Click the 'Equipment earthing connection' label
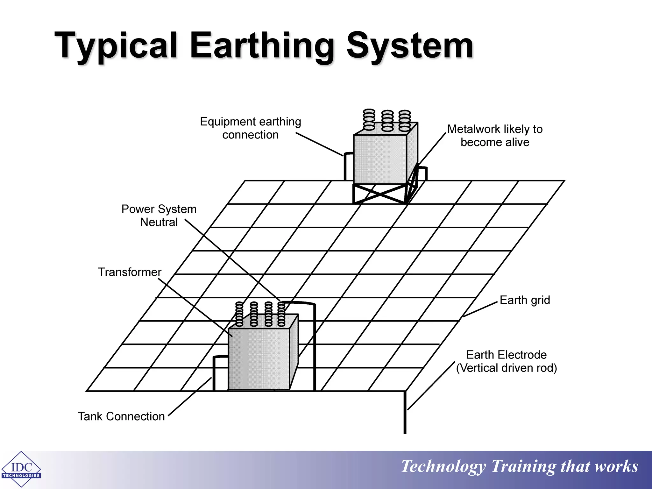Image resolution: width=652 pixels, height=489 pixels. click(x=251, y=128)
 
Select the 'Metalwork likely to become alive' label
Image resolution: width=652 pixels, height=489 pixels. click(x=495, y=136)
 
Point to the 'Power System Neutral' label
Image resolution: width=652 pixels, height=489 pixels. click(x=159, y=216)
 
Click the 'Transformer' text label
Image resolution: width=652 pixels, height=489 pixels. click(x=130, y=272)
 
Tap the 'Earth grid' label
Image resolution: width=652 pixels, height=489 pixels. click(x=525, y=300)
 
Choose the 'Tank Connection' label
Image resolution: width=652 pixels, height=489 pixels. click(x=121, y=416)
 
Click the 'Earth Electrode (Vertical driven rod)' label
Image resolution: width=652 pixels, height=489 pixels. click(x=506, y=361)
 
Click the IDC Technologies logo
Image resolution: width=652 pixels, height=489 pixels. click(x=21, y=469)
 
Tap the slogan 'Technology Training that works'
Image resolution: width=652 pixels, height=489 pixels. click(x=520, y=466)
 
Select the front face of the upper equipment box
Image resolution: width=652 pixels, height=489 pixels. click(x=380, y=159)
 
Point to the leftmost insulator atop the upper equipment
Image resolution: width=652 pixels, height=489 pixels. click(x=369, y=120)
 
